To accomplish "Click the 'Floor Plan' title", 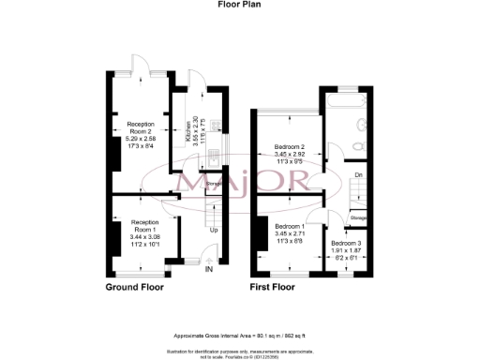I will click(239, 5).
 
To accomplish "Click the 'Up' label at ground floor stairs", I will click(214, 230).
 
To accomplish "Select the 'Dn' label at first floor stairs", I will click(359, 174).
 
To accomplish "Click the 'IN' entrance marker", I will click(210, 270).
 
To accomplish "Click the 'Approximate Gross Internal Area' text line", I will click(240, 336).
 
